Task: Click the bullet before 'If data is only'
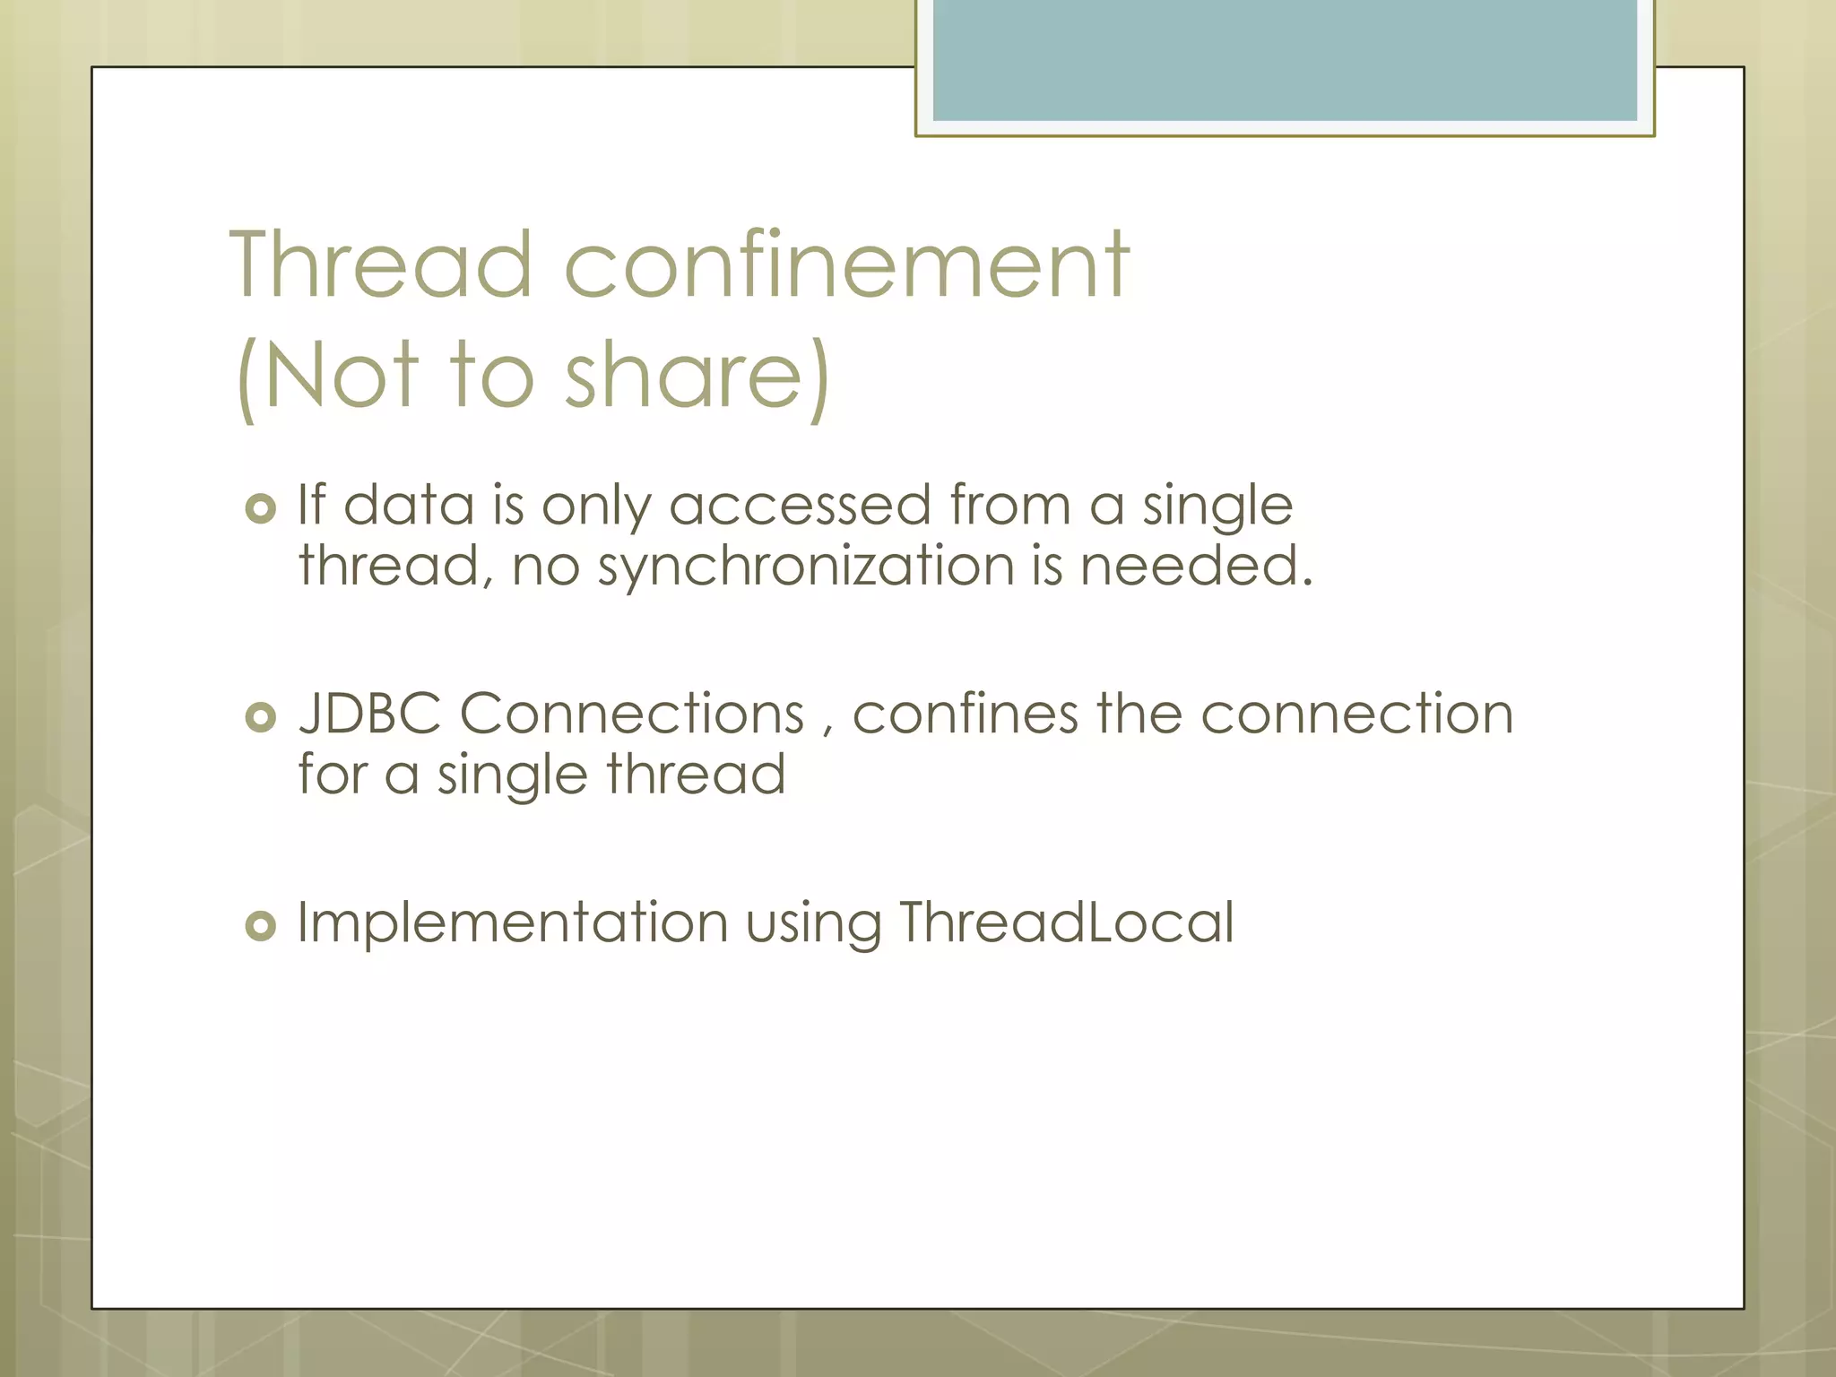point(260,509)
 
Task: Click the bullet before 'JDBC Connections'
point(260,717)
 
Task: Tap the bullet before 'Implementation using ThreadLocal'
point(260,925)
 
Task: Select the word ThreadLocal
point(1066,922)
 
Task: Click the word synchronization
point(806,567)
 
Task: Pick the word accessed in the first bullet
point(800,506)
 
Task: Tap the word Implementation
point(512,924)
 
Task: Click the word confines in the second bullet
point(965,714)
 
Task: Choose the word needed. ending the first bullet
point(1196,567)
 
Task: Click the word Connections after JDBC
point(632,714)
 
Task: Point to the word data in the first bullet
point(409,506)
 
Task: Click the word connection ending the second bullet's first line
point(1356,714)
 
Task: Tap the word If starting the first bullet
point(310,505)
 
